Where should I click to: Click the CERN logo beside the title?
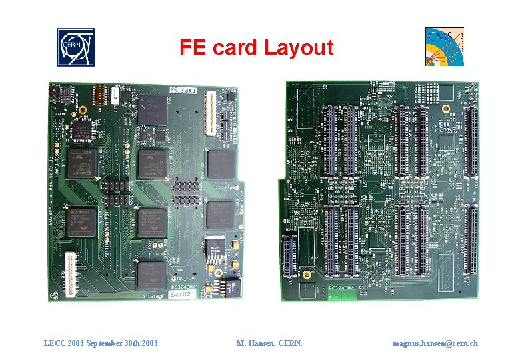click(76, 47)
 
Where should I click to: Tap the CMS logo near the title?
click(445, 47)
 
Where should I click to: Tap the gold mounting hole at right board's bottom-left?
click(306, 273)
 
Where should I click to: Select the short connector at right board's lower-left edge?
click(289, 257)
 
